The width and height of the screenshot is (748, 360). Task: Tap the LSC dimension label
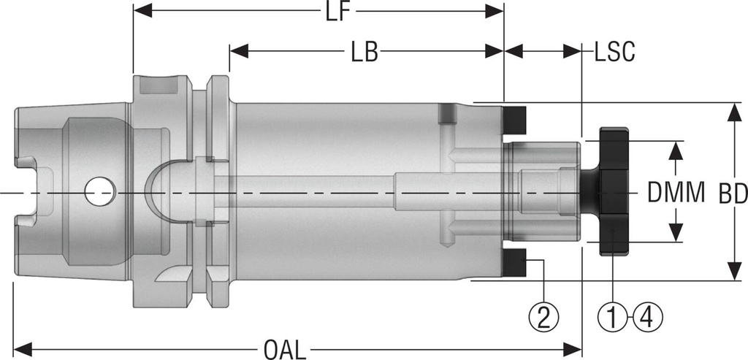(x=613, y=52)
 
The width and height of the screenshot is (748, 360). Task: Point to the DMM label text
(x=676, y=194)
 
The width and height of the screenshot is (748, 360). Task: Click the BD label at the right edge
(x=732, y=194)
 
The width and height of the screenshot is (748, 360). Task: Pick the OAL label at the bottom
(x=286, y=348)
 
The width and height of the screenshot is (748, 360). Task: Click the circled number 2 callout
(x=543, y=316)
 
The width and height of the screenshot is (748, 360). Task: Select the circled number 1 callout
(x=614, y=316)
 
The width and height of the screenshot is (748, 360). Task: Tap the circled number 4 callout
(x=648, y=316)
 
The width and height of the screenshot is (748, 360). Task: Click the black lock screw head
(x=612, y=192)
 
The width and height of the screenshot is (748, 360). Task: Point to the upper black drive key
(x=516, y=118)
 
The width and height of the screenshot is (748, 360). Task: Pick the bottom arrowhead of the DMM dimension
(x=676, y=234)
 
